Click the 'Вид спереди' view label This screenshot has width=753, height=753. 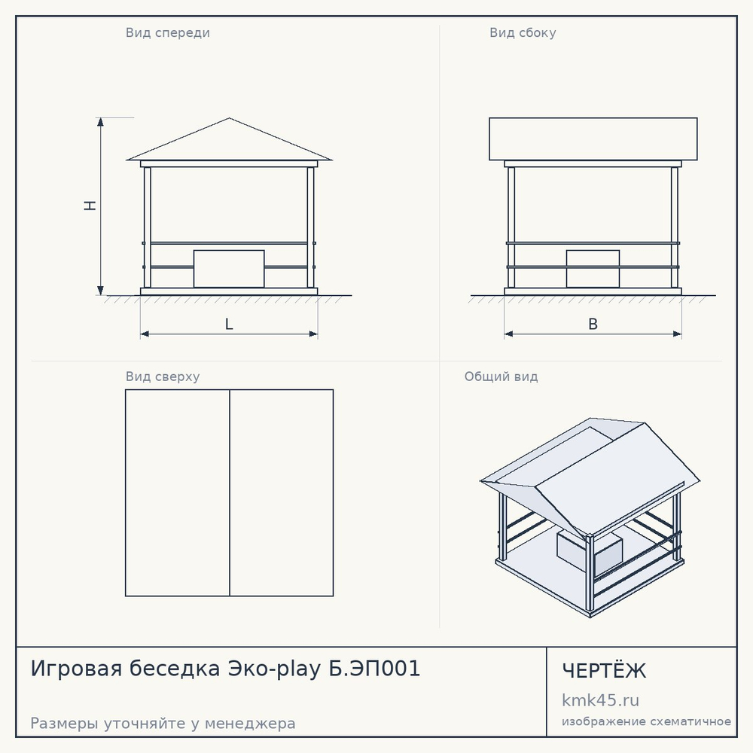click(168, 33)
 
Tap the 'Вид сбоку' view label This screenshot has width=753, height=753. click(523, 32)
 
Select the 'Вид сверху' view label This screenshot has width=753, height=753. click(163, 376)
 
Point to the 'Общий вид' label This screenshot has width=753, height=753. click(501, 376)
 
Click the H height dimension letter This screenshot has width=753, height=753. click(90, 206)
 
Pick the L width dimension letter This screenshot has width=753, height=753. click(229, 324)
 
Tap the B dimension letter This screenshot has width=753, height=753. click(593, 324)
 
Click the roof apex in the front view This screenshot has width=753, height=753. click(229, 118)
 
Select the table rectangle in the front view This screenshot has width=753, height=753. click(229, 269)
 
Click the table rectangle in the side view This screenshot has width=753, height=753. click(593, 269)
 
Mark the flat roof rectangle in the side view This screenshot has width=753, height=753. click(593, 139)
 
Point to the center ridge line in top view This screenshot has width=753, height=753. click(230, 492)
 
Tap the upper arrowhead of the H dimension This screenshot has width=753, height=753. click(100, 122)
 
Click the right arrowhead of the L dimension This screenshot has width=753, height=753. click(313, 334)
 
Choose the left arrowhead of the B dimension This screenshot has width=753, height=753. click(509, 334)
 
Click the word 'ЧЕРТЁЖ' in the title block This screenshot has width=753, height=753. click(604, 671)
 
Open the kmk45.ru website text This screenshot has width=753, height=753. click(600, 700)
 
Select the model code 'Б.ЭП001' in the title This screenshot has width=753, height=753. click(374, 668)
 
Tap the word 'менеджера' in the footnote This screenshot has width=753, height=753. click(250, 723)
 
